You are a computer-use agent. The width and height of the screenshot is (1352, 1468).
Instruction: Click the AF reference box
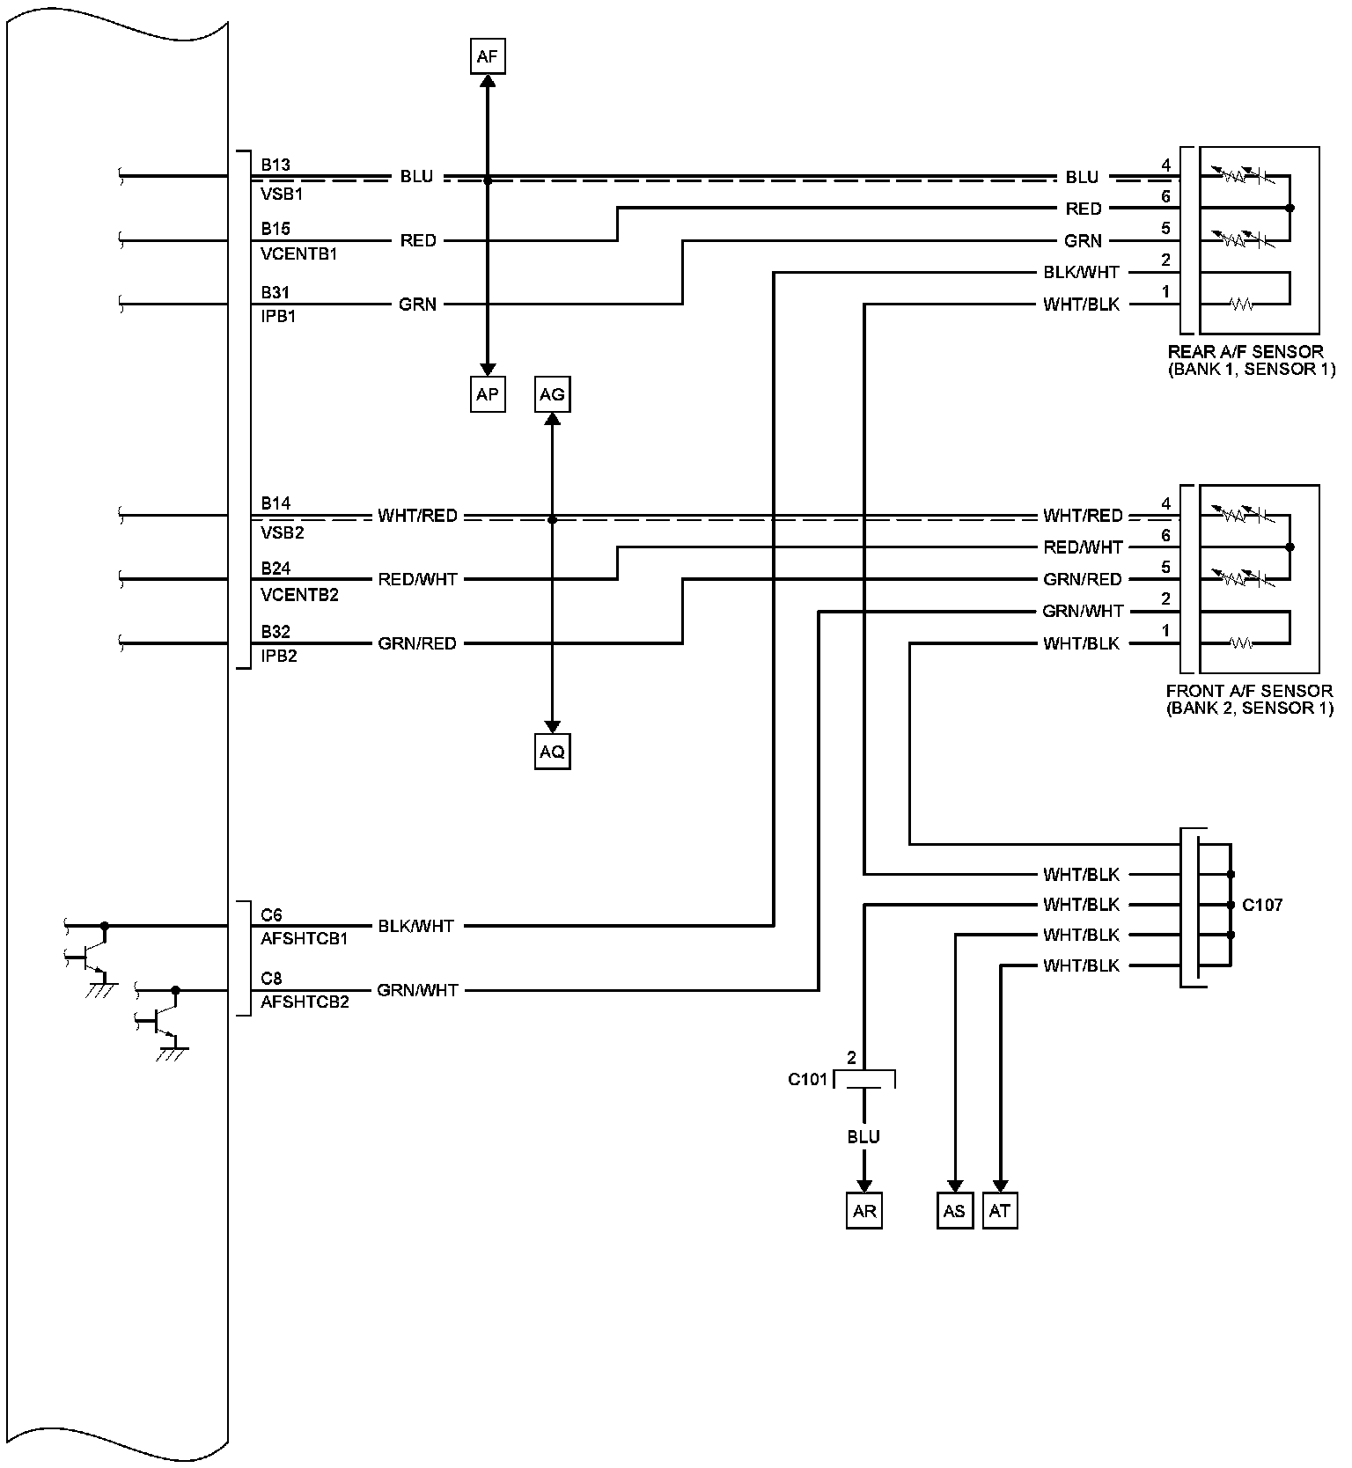point(487,57)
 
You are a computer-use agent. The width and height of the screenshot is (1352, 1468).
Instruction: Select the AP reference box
point(487,394)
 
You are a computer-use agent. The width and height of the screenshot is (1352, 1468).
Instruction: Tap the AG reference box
point(552,394)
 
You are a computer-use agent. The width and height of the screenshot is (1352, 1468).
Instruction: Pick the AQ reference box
point(552,752)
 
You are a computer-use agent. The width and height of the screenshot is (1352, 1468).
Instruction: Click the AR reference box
point(864,1211)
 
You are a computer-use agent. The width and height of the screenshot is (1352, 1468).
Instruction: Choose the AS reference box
point(954,1211)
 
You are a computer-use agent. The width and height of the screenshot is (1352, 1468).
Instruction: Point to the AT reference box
point(999,1211)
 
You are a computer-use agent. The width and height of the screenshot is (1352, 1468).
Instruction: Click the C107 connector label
point(1262,905)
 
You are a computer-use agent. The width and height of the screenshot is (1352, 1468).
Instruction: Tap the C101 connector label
point(807,1079)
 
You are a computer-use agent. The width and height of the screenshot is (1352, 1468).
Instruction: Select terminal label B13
point(276,165)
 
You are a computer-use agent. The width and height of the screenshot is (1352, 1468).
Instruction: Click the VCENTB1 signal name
point(299,254)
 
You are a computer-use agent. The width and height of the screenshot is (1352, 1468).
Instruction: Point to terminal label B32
point(276,632)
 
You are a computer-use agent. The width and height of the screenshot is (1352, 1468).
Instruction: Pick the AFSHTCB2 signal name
point(305,1002)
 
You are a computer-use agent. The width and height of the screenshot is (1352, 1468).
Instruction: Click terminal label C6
point(271,915)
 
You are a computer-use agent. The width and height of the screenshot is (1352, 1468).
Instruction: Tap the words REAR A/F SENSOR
point(1245,352)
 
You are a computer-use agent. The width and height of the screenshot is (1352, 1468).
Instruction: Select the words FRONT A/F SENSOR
point(1248,691)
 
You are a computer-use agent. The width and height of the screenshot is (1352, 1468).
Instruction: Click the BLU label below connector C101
point(863,1137)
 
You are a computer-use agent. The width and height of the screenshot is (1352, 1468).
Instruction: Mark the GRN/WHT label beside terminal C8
point(417,990)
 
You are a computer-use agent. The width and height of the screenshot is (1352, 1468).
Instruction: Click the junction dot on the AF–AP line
point(487,180)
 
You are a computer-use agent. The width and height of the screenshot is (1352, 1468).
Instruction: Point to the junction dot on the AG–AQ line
point(552,520)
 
